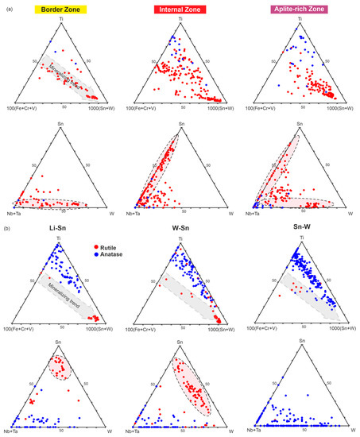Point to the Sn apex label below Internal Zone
[179, 126]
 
